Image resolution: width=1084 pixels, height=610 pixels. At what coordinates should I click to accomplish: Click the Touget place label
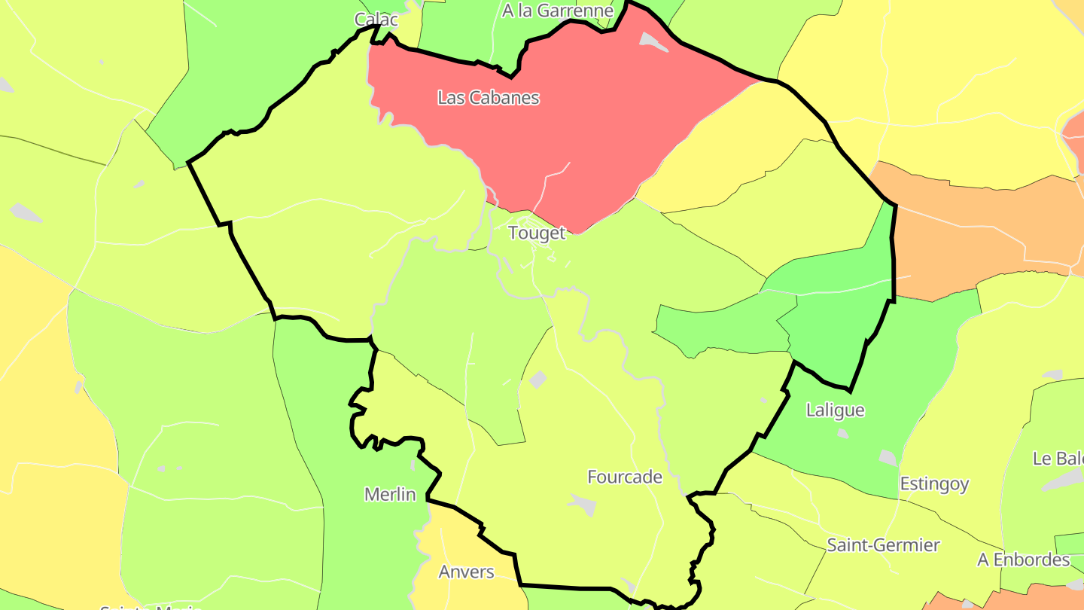(536, 233)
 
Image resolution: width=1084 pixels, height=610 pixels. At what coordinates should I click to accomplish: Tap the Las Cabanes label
(488, 97)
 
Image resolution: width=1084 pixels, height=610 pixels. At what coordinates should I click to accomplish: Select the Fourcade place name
(625, 477)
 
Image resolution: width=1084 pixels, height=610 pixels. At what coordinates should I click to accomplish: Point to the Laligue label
(835, 410)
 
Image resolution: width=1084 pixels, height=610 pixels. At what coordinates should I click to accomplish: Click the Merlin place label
(390, 494)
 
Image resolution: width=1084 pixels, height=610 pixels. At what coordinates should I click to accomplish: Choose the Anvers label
(467, 572)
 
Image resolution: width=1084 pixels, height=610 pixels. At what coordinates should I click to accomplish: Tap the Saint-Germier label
(883, 544)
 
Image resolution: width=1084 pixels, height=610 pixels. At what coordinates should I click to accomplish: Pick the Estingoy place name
(934, 483)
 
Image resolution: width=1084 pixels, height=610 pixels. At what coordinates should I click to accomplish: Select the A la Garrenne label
(558, 11)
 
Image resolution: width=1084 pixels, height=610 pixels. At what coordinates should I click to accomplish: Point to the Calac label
(376, 20)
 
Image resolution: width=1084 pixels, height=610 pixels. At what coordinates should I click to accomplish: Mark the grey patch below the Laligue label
(842, 433)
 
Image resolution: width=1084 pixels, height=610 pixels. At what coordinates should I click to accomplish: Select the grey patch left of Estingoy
(888, 457)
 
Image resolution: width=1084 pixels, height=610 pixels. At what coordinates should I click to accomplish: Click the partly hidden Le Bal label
(1058, 458)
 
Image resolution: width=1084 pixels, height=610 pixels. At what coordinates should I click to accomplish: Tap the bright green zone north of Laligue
(836, 309)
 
